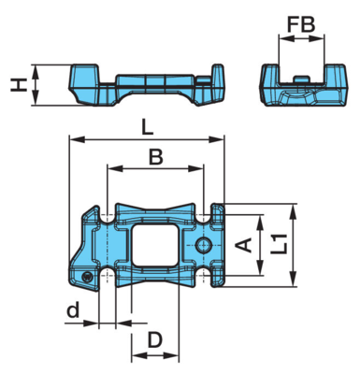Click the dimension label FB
tap(301, 25)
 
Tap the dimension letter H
tap(19, 85)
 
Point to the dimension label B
tap(156, 157)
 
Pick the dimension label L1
tap(279, 244)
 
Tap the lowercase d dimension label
tap(73, 310)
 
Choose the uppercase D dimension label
tap(155, 339)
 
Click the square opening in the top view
tap(155, 245)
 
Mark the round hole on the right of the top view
tap(204, 245)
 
